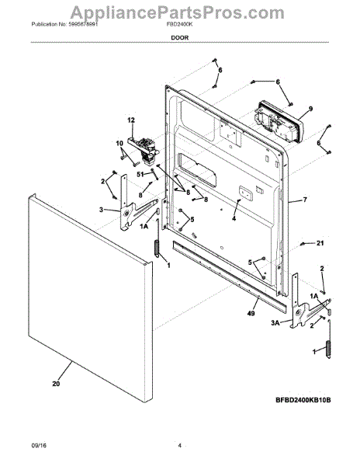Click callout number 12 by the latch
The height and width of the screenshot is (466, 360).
point(131,120)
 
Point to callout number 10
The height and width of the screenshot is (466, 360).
point(119,144)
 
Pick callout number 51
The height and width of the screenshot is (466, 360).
point(142,176)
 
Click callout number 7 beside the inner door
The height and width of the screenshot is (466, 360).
point(305,200)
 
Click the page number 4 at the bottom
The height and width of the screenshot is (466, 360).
point(179,445)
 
